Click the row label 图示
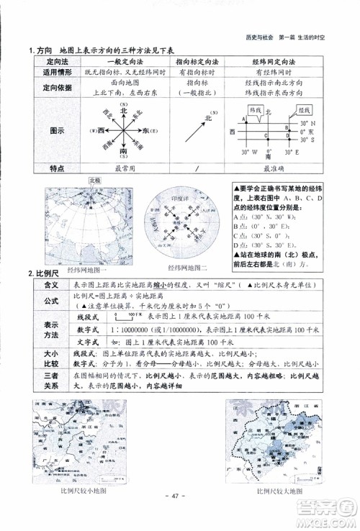[x=47, y=132]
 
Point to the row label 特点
[x=47, y=169]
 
